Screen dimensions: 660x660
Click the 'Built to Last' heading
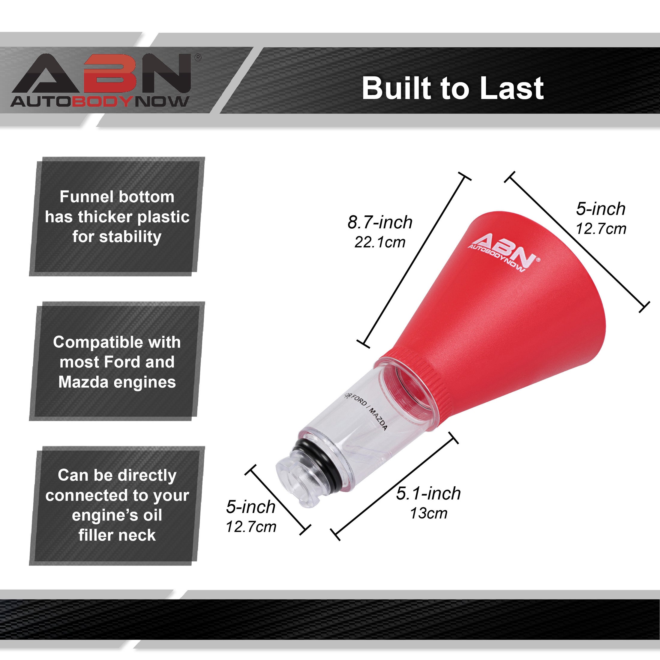453,88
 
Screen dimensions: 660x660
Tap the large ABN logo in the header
101,73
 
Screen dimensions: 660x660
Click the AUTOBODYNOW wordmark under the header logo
100,101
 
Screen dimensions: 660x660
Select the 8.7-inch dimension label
380,222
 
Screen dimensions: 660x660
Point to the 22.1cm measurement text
380,242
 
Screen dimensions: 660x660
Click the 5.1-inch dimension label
428,493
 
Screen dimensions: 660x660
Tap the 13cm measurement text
428,513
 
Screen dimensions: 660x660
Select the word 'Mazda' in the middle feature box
81,382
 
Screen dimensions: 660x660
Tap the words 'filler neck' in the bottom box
117,535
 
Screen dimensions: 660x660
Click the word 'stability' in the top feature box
130,237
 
